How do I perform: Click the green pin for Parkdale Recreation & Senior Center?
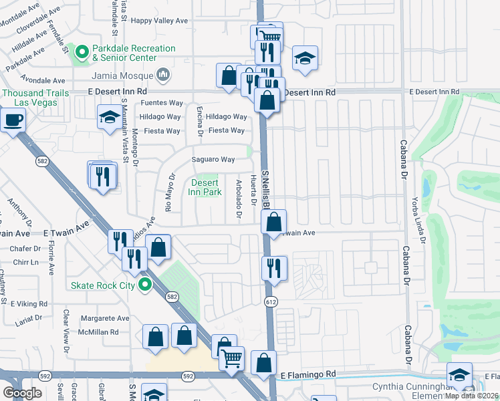[82, 51]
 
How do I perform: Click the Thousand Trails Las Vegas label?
[31, 98]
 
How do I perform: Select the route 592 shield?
[189, 376]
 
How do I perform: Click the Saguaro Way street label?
[213, 160]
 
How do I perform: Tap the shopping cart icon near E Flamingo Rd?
[232, 358]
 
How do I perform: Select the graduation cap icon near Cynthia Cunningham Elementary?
[459, 374]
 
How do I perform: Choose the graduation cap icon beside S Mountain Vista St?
[109, 118]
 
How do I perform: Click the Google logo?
[22, 393]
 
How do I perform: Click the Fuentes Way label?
[162, 103]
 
